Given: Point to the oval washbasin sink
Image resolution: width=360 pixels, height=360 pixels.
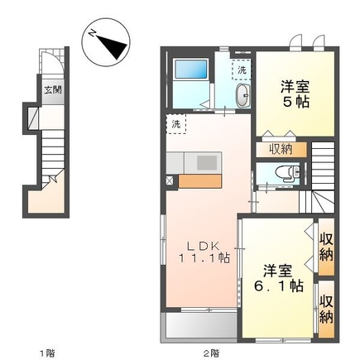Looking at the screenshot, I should pos(241,98).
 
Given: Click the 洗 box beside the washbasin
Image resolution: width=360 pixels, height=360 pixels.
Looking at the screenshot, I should pos(240,71).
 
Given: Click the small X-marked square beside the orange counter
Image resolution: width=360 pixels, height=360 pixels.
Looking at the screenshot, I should pos(170,180).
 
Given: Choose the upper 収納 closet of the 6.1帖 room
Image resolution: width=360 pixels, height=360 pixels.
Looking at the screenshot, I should pos(326,246).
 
